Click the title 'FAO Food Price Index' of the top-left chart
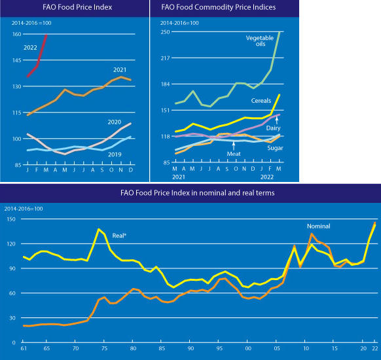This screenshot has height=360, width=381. pos(77,7)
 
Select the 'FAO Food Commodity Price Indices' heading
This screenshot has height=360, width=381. pos(219,7)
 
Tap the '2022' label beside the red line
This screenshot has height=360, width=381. pos(30,48)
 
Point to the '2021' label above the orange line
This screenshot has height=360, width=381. pos(120,70)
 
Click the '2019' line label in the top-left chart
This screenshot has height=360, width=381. pos(115,154)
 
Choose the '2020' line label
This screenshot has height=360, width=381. pos(115,122)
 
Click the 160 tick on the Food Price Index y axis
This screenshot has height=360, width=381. pos(17,34)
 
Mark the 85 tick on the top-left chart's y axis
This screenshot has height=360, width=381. pos(18,165)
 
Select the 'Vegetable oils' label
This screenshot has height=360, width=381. pos(260,41)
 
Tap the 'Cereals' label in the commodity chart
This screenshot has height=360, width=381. pos(261,101)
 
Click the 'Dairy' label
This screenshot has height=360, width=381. pos(274,128)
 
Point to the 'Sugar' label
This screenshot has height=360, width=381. pos(276,148)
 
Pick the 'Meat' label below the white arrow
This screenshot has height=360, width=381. pos(234,154)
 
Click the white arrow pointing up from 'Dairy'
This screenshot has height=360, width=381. pos(276,120)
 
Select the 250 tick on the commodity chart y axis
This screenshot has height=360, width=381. pos(165,32)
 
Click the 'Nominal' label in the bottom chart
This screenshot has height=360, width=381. pos(319,226)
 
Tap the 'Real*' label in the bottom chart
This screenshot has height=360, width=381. pos(119,236)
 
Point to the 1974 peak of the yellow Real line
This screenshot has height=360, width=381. pos(99,229)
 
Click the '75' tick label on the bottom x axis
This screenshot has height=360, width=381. pos(104,348)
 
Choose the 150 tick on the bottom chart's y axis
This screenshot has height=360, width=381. pos(11,219)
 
